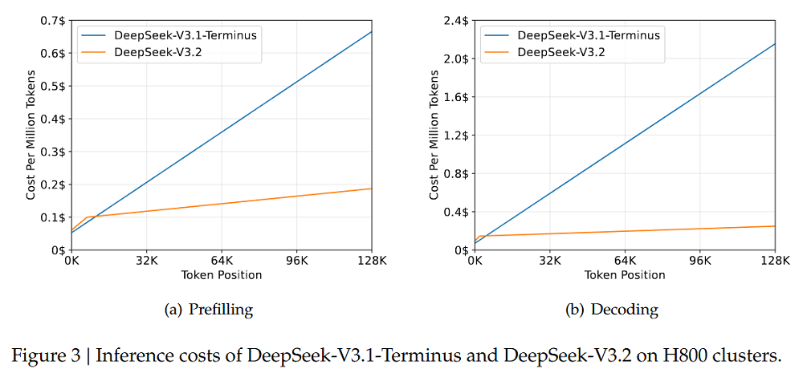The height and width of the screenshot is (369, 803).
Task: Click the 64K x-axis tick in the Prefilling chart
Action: click(222, 261)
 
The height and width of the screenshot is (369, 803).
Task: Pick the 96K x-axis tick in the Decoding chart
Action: click(700, 261)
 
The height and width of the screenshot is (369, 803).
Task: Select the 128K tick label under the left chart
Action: click(371, 261)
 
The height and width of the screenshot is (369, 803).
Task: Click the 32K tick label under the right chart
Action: click(550, 261)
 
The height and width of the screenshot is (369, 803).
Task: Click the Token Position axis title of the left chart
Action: click(222, 275)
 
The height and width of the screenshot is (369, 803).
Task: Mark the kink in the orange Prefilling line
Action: click(87, 217)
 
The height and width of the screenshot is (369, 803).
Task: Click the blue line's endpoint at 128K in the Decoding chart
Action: click(774, 43)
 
